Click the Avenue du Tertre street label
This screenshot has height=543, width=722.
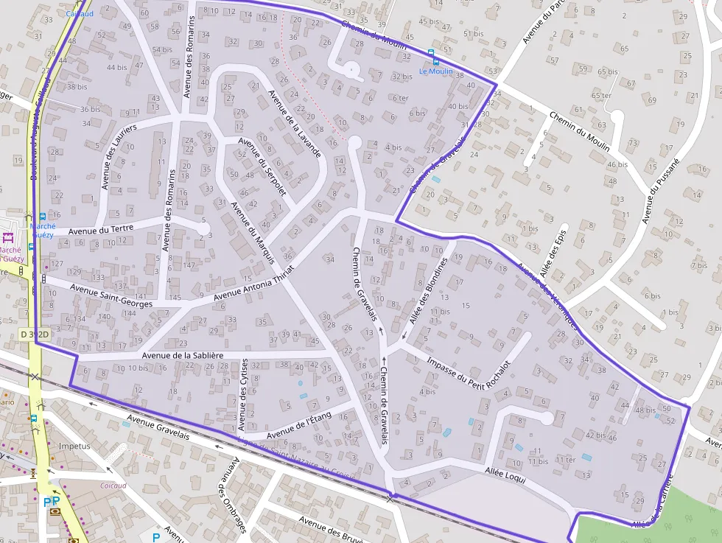pyautogui.click(x=101, y=229)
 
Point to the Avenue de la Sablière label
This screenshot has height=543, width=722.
pyautogui.click(x=183, y=355)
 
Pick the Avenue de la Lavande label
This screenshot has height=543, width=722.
pyautogui.click(x=294, y=124)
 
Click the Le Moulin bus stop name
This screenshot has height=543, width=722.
pyautogui.click(x=436, y=71)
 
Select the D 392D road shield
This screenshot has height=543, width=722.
pyautogui.click(x=34, y=334)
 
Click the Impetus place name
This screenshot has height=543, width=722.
pyautogui.click(x=74, y=446)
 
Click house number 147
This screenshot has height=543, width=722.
pyautogui.click(x=190, y=265)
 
